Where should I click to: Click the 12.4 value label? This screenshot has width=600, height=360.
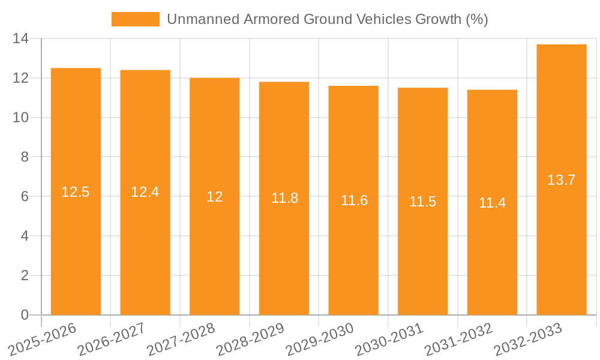tap(145, 192)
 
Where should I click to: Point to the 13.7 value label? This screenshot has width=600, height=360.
tap(562, 180)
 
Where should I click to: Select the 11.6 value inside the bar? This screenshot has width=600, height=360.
tap(354, 200)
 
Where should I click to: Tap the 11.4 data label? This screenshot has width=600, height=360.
tap(492, 203)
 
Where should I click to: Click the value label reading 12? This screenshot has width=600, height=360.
tap(215, 197)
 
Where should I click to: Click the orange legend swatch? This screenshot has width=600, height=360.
tap(136, 19)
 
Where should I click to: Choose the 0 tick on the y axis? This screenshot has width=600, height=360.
tap(25, 315)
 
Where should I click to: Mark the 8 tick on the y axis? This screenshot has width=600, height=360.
tap(25, 157)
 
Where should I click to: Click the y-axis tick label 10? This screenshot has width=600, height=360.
tap(21, 118)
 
